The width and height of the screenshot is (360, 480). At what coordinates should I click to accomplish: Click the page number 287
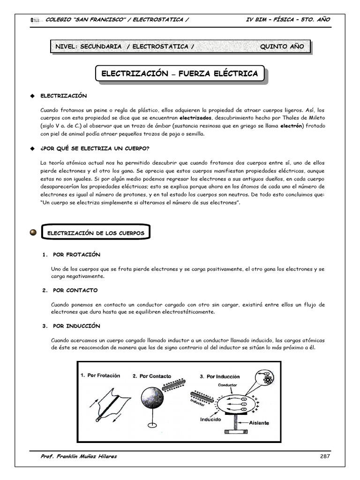coord(325,456)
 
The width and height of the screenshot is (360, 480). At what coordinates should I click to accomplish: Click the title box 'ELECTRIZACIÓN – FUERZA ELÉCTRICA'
coord(180,74)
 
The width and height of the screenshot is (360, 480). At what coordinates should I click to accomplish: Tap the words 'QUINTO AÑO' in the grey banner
coord(282,46)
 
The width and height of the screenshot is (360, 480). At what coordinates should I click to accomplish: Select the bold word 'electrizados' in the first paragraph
coord(196,118)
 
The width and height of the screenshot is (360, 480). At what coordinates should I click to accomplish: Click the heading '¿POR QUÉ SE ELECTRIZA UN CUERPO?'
coord(95,149)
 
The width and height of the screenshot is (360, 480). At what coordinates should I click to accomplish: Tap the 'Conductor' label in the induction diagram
coord(228,385)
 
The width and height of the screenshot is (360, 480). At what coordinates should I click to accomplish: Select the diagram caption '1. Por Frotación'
coord(100,375)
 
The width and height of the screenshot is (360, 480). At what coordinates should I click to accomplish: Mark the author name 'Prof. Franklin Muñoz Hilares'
coord(79,456)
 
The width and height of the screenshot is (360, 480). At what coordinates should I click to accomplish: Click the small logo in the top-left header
coord(35,20)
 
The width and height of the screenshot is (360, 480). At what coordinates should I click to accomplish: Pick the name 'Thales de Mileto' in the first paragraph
coord(302,118)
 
